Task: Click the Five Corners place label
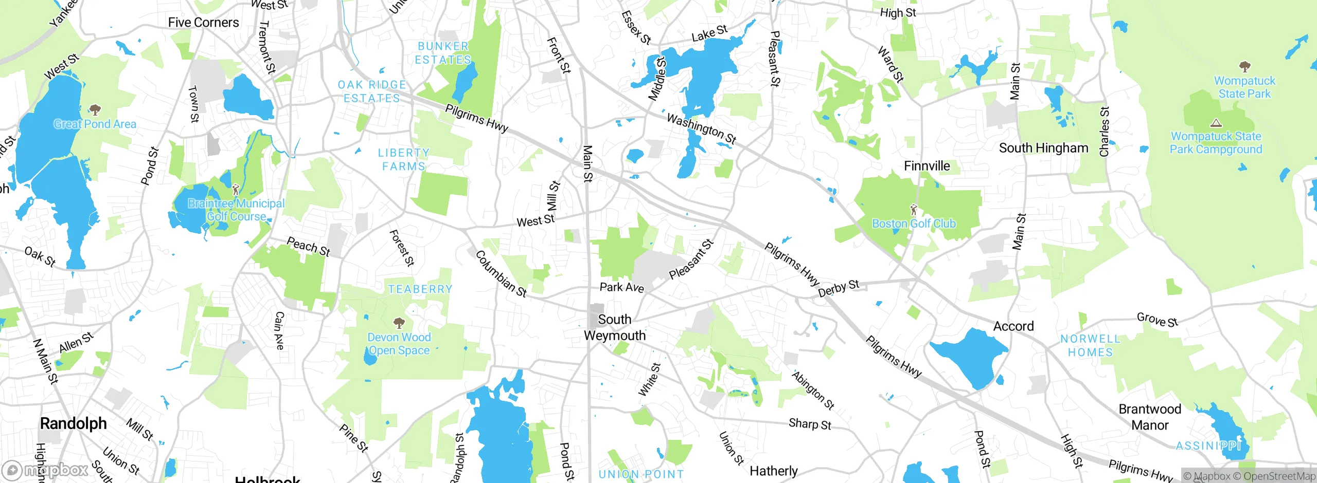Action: [x=203, y=23]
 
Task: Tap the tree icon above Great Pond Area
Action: [x=95, y=109]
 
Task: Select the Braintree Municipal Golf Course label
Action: [x=236, y=210]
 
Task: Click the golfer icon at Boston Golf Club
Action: [x=914, y=210]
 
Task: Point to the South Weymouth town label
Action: [x=615, y=327]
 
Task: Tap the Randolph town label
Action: [x=73, y=423]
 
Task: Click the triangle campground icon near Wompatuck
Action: [x=1216, y=123]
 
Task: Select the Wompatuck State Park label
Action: [x=1244, y=87]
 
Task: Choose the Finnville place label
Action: [x=927, y=166]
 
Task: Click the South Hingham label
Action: [x=1043, y=148]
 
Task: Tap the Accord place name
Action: [x=1013, y=326]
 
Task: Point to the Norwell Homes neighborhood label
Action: [x=1090, y=346]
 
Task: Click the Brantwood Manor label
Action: [x=1150, y=417]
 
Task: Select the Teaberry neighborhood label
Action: [x=420, y=289]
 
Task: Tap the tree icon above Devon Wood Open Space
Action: [x=399, y=323]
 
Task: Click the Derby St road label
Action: [x=839, y=288]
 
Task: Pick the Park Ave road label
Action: [x=621, y=287]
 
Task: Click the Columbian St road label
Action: [x=501, y=274]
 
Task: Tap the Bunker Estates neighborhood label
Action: [x=443, y=53]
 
